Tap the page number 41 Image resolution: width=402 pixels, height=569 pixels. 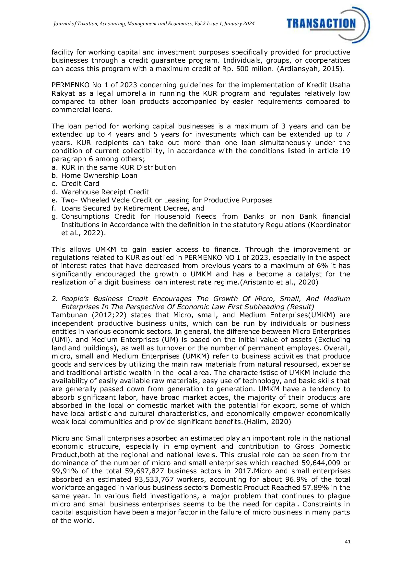[348, 541]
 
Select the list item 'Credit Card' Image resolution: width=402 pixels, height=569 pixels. [80, 184]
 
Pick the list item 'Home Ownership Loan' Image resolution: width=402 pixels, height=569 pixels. [99, 176]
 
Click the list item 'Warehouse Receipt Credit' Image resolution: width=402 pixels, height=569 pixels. [105, 192]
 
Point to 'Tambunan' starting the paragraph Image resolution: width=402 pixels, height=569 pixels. [69, 315]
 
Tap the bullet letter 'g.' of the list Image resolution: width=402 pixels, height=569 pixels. [54, 216]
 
